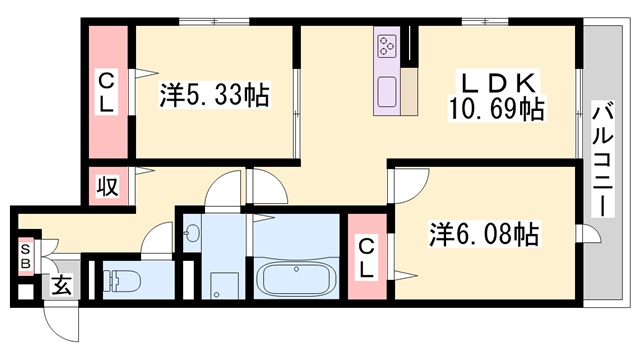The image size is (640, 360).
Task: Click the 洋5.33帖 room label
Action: pos(214,95)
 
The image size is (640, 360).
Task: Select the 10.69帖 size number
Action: pos(496,109)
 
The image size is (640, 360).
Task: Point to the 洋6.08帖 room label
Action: pos(484,234)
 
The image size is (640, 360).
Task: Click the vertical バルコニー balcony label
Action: pos(603,159)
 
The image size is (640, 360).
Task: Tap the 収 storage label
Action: pos(108,186)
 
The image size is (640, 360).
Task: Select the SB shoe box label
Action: pos(26,256)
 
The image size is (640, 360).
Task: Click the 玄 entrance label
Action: pos(61,284)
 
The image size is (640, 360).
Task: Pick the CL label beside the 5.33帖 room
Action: pos(107,92)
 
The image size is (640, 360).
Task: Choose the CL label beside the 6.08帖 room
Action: pos(367,259)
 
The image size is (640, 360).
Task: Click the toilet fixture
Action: pos(122,280)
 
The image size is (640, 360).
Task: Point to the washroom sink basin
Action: pos(191,234)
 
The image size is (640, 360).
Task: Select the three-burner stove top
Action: pos(387,45)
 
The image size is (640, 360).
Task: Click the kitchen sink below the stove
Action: pos(387,91)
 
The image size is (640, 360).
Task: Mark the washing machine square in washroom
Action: pos(224,286)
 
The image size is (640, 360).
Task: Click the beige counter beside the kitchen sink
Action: pos(409,91)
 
